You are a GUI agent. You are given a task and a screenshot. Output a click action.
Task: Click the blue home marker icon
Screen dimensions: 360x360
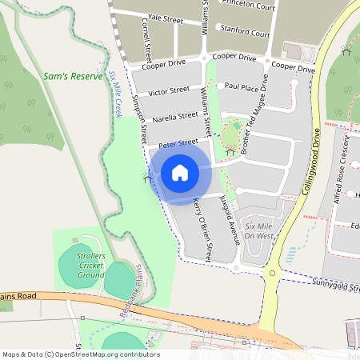click(x=180, y=172)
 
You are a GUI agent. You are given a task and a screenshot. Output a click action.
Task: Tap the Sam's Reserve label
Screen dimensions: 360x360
click(x=73, y=78)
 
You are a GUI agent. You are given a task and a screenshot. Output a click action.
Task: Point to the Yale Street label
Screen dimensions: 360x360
click(x=166, y=17)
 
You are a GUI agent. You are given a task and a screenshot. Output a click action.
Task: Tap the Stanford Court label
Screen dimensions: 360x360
click(x=245, y=34)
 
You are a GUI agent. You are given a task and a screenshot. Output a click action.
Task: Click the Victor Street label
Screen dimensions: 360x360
click(x=169, y=90)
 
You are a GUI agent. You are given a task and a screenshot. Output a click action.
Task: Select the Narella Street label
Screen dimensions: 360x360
click(x=175, y=117)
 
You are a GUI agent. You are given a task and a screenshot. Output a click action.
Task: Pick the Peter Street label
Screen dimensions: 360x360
click(x=178, y=143)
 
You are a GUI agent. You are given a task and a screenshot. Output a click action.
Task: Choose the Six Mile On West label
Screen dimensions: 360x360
click(x=260, y=231)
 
